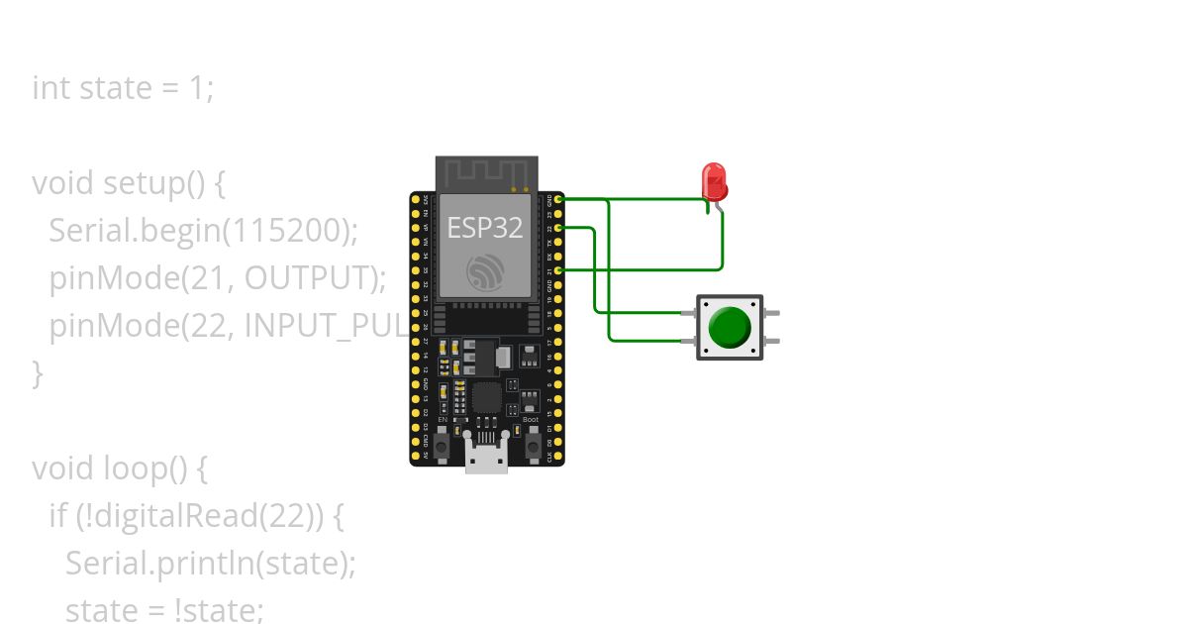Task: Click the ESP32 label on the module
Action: tap(485, 229)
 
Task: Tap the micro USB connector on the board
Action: tap(487, 458)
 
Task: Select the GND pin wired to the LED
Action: tap(558, 199)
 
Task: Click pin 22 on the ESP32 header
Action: tap(558, 228)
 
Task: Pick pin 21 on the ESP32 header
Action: tap(558, 270)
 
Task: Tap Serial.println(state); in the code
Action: tap(210, 563)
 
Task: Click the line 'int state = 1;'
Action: tap(123, 88)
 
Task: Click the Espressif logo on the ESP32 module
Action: tap(486, 271)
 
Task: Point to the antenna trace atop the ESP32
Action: tap(486, 173)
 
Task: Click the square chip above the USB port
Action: tap(486, 398)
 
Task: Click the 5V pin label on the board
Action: tap(426, 458)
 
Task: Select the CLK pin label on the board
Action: tap(550, 458)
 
